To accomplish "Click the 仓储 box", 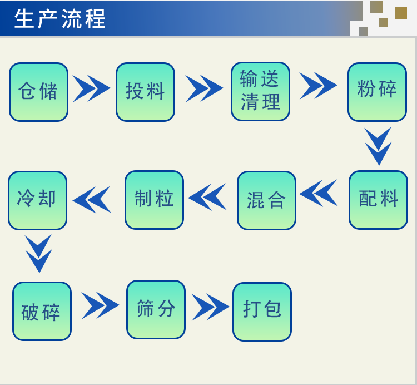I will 38,92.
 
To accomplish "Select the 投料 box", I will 145,92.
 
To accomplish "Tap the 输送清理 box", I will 260,91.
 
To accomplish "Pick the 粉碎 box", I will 377,92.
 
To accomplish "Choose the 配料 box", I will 378,200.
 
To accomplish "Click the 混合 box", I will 266,200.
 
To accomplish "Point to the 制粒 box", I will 154,200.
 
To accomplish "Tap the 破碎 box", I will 42,311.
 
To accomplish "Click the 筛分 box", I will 156,309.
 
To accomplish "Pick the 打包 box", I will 262,312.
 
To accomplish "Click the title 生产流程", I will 60,19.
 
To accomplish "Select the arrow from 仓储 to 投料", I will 92,88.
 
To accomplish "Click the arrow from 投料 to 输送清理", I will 204,88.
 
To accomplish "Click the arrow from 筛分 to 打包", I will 210,307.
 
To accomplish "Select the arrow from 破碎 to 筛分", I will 100,305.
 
